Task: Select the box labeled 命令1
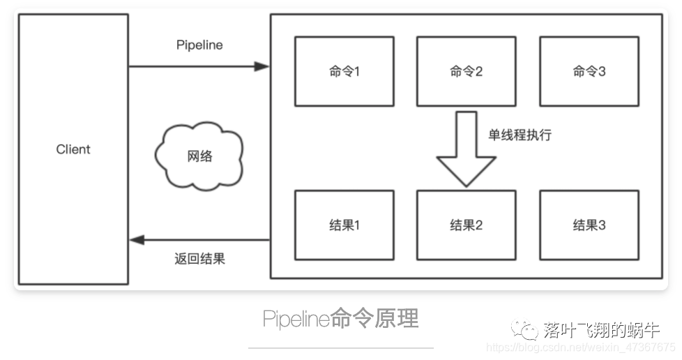[x=344, y=71]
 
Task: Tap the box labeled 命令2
[x=466, y=71]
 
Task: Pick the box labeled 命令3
[x=589, y=71]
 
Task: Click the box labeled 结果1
[x=344, y=225]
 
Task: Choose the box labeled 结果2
[x=466, y=225]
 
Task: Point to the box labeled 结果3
[x=589, y=225]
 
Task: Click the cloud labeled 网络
[x=199, y=156]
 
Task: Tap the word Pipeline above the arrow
[x=199, y=45]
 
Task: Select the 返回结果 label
[x=199, y=259]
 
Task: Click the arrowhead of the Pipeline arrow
[x=262, y=66]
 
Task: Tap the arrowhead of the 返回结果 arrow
[x=137, y=240]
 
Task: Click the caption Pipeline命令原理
[x=340, y=319]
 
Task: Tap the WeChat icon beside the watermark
[x=524, y=330]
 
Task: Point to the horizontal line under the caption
[x=340, y=347]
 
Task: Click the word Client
[x=73, y=149]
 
